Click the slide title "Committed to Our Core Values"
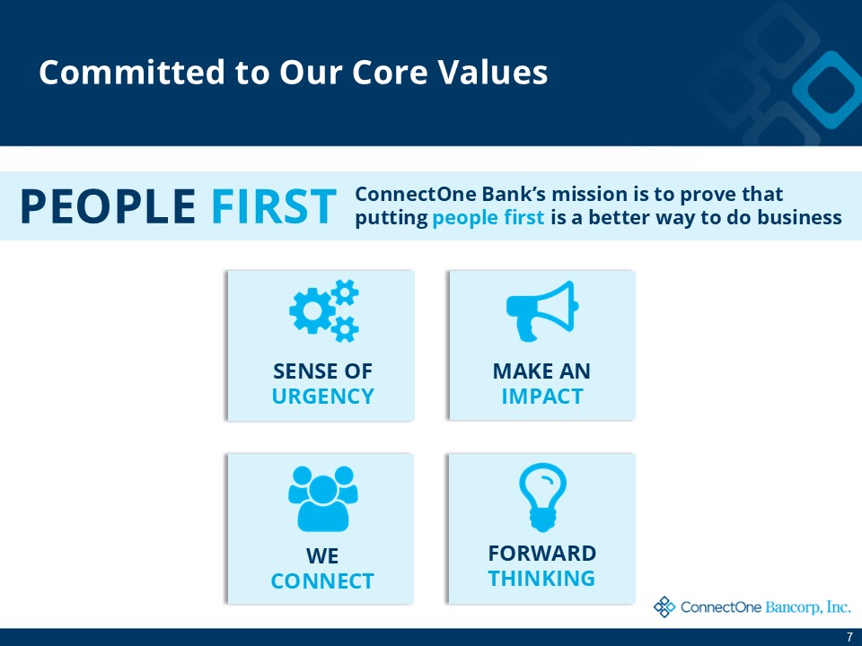[x=293, y=73]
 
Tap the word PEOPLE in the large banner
[x=107, y=206]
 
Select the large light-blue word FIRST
[x=274, y=206]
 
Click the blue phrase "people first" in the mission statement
[x=488, y=218]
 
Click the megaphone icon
[x=541, y=310]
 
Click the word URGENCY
[x=322, y=397]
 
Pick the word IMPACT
[x=541, y=397]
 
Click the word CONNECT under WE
[x=322, y=581]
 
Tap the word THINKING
[x=541, y=578]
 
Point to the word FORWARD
[x=541, y=553]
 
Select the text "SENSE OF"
[x=322, y=371]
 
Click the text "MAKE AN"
[x=541, y=371]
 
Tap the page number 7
[x=849, y=637]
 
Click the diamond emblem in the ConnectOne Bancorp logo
[x=664, y=607]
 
